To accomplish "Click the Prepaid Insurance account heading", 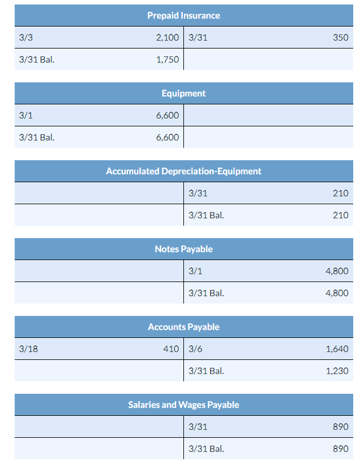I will (183, 15).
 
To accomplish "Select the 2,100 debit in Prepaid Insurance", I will (167, 38).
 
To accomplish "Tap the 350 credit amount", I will (341, 38).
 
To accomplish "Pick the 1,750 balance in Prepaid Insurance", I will (167, 59).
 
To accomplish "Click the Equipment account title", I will (183, 93).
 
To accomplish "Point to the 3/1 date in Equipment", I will (26, 116).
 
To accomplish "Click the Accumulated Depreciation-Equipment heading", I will (183, 171).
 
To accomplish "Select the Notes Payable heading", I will (183, 249).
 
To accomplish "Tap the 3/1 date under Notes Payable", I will (195, 271).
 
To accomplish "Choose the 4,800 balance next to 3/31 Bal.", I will (337, 293).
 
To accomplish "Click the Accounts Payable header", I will (183, 327).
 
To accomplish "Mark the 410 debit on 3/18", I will (171, 349).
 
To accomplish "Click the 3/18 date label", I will (28, 349).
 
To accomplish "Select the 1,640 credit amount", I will (337, 349).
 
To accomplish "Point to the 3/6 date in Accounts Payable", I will (195, 349).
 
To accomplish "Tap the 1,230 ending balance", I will (337, 371).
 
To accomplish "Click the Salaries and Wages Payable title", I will (183, 405).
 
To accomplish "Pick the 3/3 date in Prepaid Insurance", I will (26, 38).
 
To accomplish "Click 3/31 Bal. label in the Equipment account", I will (37, 137).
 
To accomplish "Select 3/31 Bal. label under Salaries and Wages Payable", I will (206, 449).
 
